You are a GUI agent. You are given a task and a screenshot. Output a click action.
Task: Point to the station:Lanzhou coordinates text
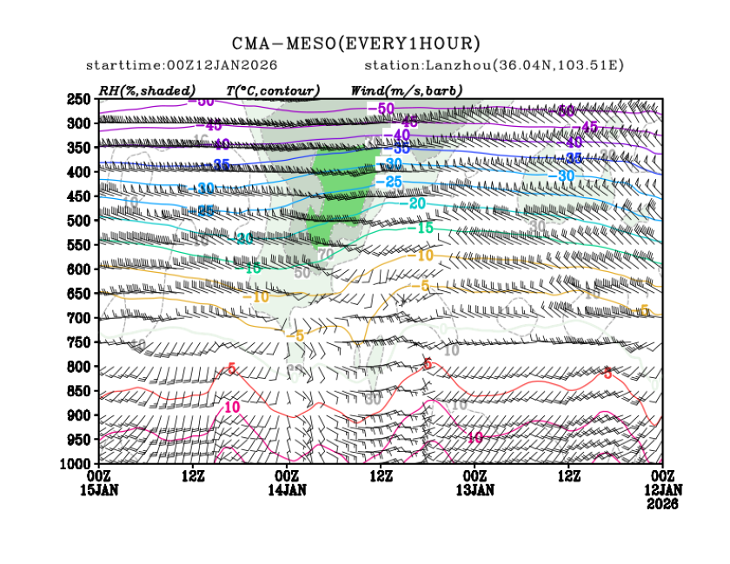click(x=494, y=66)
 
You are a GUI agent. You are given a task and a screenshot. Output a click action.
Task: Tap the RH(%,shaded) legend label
click(x=147, y=90)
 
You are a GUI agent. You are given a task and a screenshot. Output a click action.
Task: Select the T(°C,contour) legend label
click(x=272, y=90)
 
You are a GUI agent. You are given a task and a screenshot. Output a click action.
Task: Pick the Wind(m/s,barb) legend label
click(x=406, y=90)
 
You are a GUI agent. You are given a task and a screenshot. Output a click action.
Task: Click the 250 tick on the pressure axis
click(x=79, y=99)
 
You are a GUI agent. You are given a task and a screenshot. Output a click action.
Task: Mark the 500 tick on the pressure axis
click(x=79, y=221)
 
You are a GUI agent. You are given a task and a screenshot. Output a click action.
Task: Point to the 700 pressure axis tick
click(x=79, y=318)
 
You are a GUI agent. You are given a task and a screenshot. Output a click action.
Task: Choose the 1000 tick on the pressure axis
click(x=76, y=464)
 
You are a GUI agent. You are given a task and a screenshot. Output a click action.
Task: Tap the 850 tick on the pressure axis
click(x=79, y=391)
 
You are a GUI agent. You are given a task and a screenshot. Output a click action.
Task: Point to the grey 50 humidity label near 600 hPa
click(x=302, y=272)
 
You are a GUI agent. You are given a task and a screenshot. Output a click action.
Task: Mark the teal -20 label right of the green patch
click(x=415, y=203)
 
